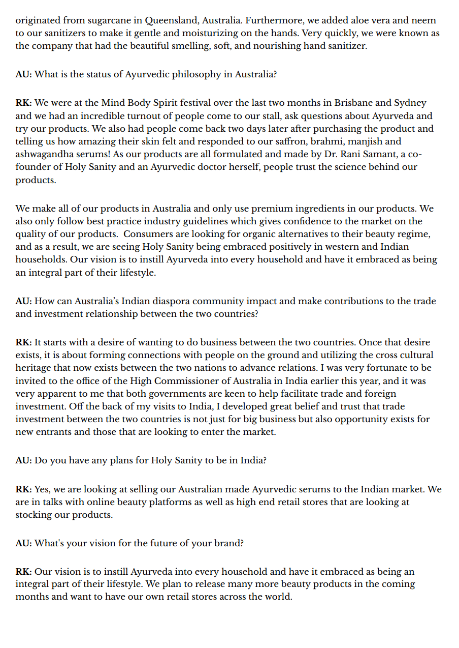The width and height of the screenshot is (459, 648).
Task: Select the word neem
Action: tap(425, 21)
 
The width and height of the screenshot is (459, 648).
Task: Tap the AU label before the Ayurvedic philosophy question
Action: tap(23, 74)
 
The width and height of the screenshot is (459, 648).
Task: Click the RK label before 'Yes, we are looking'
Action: tap(23, 489)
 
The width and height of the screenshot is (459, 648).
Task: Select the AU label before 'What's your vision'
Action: tap(23, 543)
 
